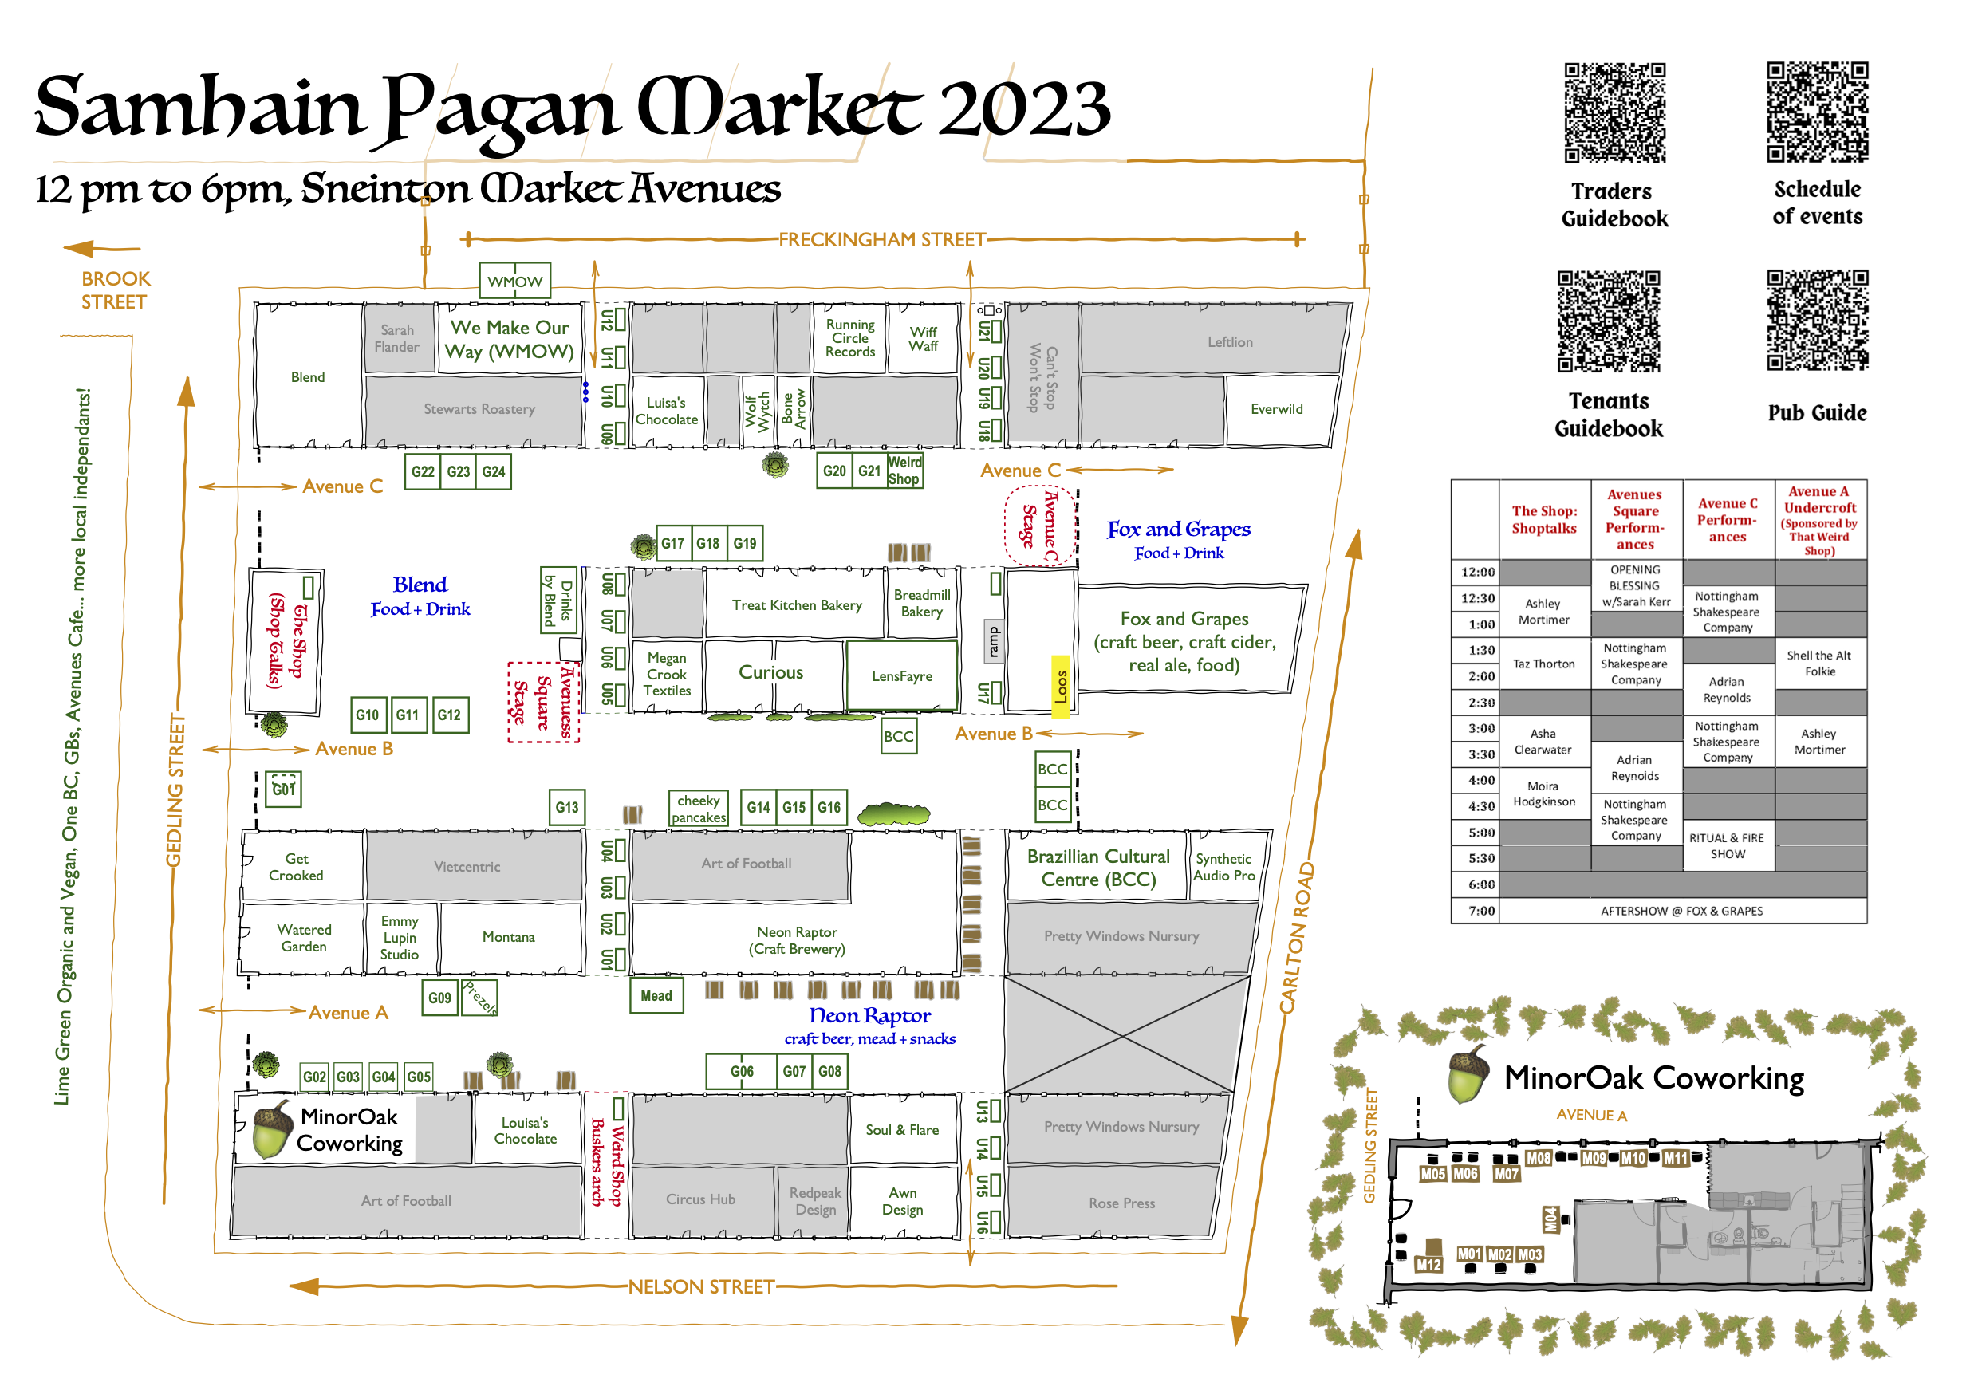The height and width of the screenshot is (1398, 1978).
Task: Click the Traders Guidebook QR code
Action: click(1615, 112)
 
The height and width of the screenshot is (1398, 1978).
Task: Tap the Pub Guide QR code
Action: click(1818, 320)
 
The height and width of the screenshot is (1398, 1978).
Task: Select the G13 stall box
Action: click(567, 807)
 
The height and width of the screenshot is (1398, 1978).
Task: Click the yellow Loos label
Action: click(1061, 687)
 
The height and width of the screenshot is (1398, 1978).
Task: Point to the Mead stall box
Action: click(656, 996)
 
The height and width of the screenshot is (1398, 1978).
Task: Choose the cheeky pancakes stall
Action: click(699, 809)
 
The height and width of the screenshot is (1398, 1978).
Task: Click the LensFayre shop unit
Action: click(902, 676)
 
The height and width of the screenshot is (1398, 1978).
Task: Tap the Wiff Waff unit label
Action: click(924, 338)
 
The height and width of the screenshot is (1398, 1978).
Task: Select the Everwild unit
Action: click(1277, 409)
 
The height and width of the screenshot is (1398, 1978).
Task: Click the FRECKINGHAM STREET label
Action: click(882, 239)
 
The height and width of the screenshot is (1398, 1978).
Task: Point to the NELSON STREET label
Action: click(701, 1287)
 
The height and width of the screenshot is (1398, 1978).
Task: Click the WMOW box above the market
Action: click(515, 281)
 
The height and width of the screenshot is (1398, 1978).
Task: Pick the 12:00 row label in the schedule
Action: click(1477, 572)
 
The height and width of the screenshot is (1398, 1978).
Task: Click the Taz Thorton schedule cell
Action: click(1544, 664)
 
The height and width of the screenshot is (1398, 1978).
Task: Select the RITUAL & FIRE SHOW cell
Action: click(1728, 846)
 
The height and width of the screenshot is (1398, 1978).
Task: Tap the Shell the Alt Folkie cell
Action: click(1819, 664)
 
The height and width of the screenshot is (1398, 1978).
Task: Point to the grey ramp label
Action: click(994, 641)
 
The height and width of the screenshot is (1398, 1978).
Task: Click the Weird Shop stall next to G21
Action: click(904, 471)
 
